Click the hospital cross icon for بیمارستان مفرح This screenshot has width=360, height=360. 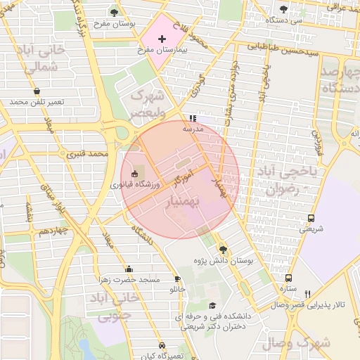162,38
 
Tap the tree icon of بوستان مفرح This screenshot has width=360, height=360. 115,12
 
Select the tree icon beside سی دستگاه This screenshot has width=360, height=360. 283,9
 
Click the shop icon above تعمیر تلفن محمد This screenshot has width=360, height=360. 37,91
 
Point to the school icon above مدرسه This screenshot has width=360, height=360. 193,118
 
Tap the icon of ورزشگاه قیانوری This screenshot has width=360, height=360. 135,173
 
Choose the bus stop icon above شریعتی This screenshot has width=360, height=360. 311,217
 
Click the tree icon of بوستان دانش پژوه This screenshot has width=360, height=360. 223,249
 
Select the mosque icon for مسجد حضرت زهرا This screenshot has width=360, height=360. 128,269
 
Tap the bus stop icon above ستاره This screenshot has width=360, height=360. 288,278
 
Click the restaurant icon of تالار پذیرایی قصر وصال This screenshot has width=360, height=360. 307,293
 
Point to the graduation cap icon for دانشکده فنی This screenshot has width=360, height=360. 212,306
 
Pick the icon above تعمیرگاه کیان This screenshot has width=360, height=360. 162,346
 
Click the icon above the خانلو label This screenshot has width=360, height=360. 177,279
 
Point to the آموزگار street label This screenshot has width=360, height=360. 181,178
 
